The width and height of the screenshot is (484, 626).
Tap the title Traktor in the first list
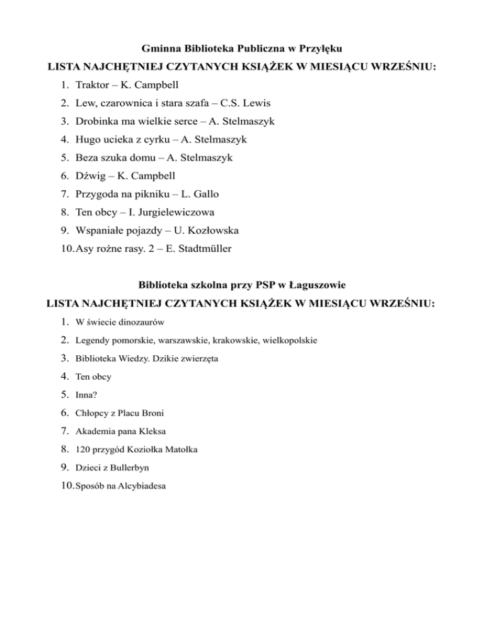coord(92,84)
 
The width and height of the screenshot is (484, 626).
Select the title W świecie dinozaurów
coord(120,322)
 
